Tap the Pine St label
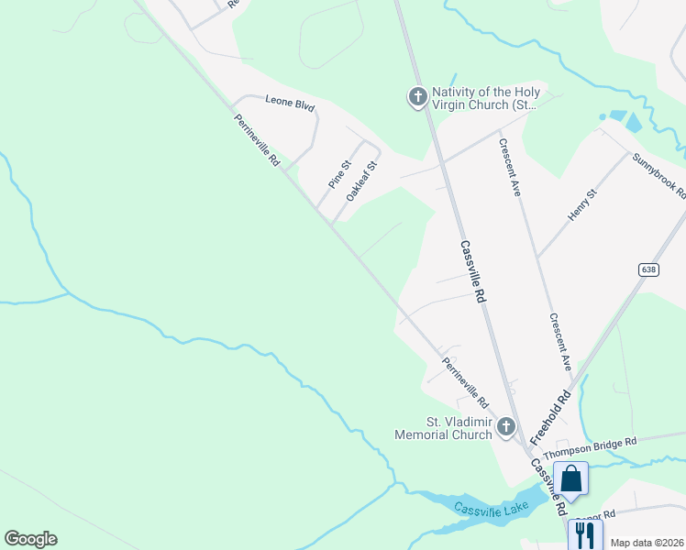click(339, 174)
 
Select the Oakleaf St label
click(362, 181)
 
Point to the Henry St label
click(581, 203)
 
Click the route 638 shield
click(649, 269)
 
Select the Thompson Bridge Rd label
click(590, 448)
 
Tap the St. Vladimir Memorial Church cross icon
click(505, 427)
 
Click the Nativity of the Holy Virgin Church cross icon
click(417, 96)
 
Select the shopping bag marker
click(571, 478)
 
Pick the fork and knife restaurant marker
click(584, 534)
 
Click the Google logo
click(30, 539)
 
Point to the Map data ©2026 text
click(647, 543)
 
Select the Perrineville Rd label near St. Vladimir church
click(465, 380)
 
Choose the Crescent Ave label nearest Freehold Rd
click(560, 342)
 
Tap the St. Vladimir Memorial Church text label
click(447, 428)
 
